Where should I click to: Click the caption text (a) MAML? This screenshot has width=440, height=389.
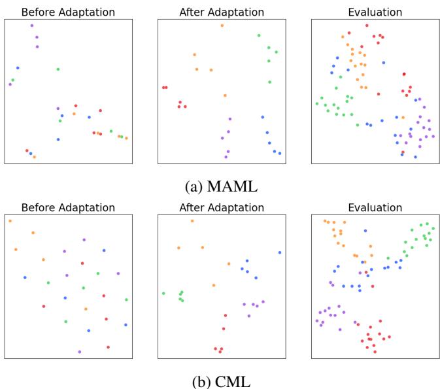pyautogui.click(x=221, y=187)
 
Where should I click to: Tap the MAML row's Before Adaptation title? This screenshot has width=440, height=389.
pyautogui.click(x=68, y=12)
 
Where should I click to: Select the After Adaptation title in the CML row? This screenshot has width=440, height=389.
pyautogui.click(x=221, y=208)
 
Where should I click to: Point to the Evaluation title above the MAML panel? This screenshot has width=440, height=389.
pyautogui.click(x=375, y=12)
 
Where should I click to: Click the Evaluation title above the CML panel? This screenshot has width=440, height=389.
pyautogui.click(x=375, y=208)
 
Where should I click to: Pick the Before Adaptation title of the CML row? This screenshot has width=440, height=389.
pyautogui.click(x=68, y=208)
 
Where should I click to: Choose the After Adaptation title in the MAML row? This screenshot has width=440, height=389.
pyautogui.click(x=221, y=12)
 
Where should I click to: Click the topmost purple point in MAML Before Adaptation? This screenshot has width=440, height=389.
pyautogui.click(x=31, y=25)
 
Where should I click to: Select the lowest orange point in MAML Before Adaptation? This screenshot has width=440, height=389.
pyautogui.click(x=34, y=157)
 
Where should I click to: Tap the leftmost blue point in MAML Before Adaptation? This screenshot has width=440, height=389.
pyautogui.click(x=18, y=67)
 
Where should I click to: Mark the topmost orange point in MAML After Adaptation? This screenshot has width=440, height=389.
pyautogui.click(x=222, y=25)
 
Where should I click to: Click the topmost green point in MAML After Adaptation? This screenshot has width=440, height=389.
pyautogui.click(x=259, y=35)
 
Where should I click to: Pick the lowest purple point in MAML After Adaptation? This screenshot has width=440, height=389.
pyautogui.click(x=226, y=157)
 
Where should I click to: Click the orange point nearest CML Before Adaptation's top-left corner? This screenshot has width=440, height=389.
pyautogui.click(x=10, y=221)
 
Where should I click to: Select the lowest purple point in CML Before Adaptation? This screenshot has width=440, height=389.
pyautogui.click(x=80, y=352)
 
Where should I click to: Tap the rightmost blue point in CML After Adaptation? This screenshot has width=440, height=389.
pyautogui.click(x=280, y=252)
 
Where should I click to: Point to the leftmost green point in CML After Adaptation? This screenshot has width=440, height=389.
pyautogui.click(x=163, y=294)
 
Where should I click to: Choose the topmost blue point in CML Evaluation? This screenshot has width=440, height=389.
pyautogui.click(x=365, y=231)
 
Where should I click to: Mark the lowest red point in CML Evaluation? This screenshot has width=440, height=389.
pyautogui.click(x=375, y=351)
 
